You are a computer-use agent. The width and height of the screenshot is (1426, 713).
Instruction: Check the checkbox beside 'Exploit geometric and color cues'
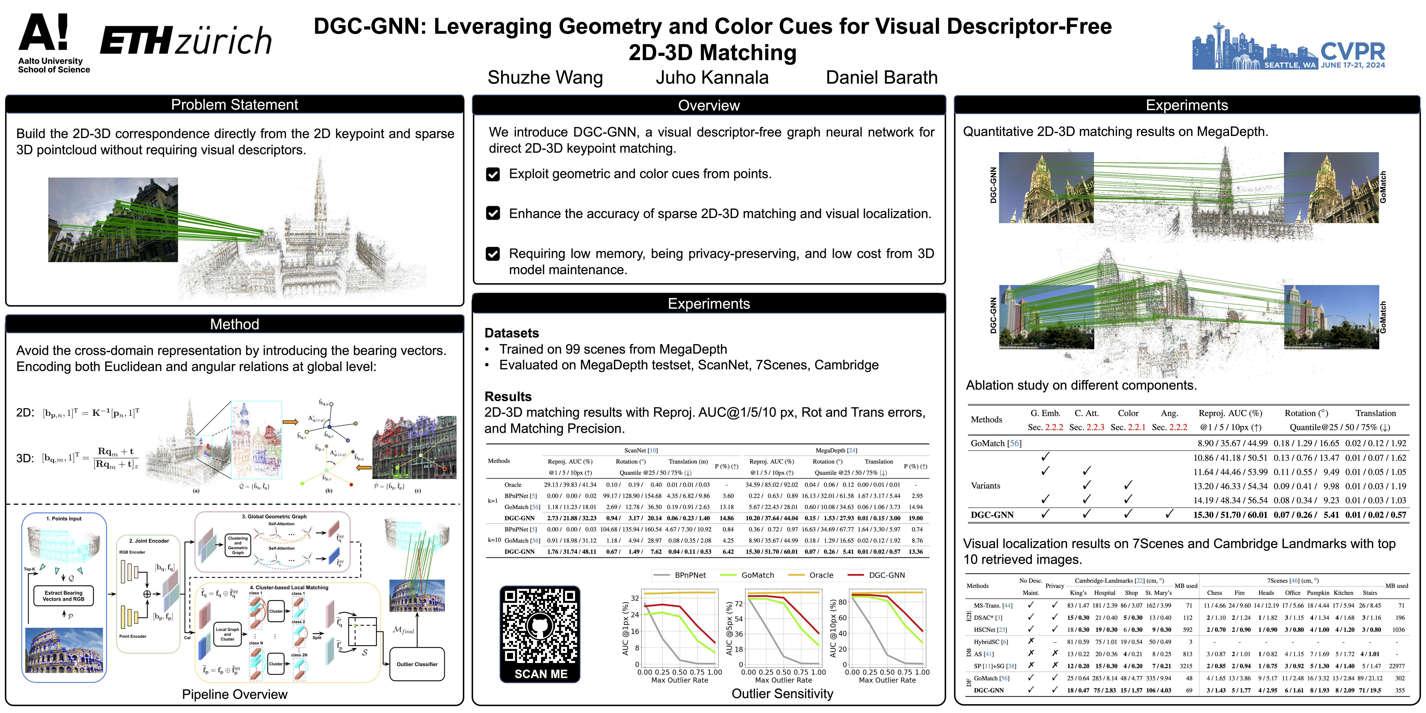493,174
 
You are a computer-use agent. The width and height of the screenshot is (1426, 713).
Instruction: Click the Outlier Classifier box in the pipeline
417,664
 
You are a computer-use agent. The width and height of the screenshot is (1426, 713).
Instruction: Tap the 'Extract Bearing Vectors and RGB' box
64,596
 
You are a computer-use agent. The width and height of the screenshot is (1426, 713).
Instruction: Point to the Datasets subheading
512,333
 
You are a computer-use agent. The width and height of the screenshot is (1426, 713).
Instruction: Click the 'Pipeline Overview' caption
235,694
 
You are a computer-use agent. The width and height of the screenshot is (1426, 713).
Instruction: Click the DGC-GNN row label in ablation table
992,515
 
